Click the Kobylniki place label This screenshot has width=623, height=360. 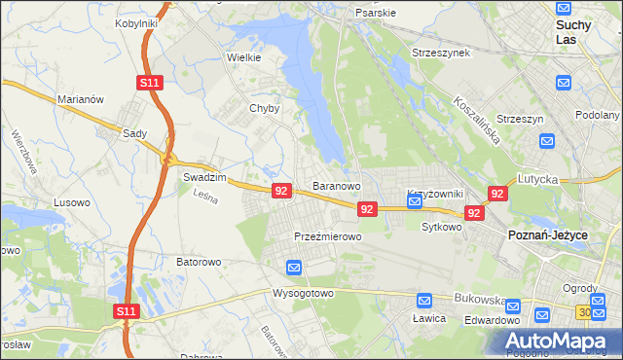(136, 22)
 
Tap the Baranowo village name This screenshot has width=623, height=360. (337, 185)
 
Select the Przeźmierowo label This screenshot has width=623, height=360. (328, 236)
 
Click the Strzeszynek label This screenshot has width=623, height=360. (441, 53)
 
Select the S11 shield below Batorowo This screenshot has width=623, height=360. (126, 311)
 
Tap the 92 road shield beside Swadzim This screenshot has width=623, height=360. (281, 191)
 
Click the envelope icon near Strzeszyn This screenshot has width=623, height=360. (546, 142)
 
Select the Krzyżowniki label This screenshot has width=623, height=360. (428, 194)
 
